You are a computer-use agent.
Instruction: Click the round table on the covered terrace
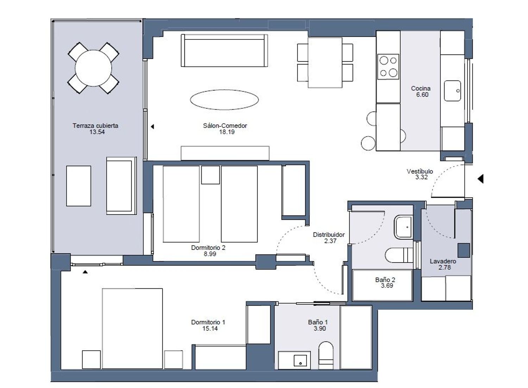(x=93, y=68)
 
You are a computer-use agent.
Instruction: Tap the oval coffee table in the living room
(x=225, y=100)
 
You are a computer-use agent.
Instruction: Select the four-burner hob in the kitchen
(x=388, y=67)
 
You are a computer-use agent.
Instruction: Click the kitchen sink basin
(x=452, y=91)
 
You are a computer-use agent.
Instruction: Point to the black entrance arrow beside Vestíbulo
(x=480, y=179)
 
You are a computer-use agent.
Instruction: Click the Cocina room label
(x=421, y=88)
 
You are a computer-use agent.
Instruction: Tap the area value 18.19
(x=227, y=132)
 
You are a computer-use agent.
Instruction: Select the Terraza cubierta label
(x=95, y=126)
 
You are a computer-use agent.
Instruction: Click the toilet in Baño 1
(x=326, y=356)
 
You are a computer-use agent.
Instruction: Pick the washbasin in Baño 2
(x=403, y=227)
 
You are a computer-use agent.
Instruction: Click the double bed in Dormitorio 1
(x=132, y=328)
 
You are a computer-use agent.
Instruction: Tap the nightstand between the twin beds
(x=210, y=175)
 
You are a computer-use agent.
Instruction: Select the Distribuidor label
(x=328, y=235)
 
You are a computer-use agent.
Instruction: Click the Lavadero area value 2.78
(x=445, y=267)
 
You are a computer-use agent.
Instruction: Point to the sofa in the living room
(x=224, y=50)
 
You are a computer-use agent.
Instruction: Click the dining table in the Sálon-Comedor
(x=325, y=62)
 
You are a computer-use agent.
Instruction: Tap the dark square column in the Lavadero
(x=464, y=250)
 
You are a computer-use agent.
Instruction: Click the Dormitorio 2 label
(x=208, y=248)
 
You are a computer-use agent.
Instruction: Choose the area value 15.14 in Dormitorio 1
(x=210, y=328)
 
